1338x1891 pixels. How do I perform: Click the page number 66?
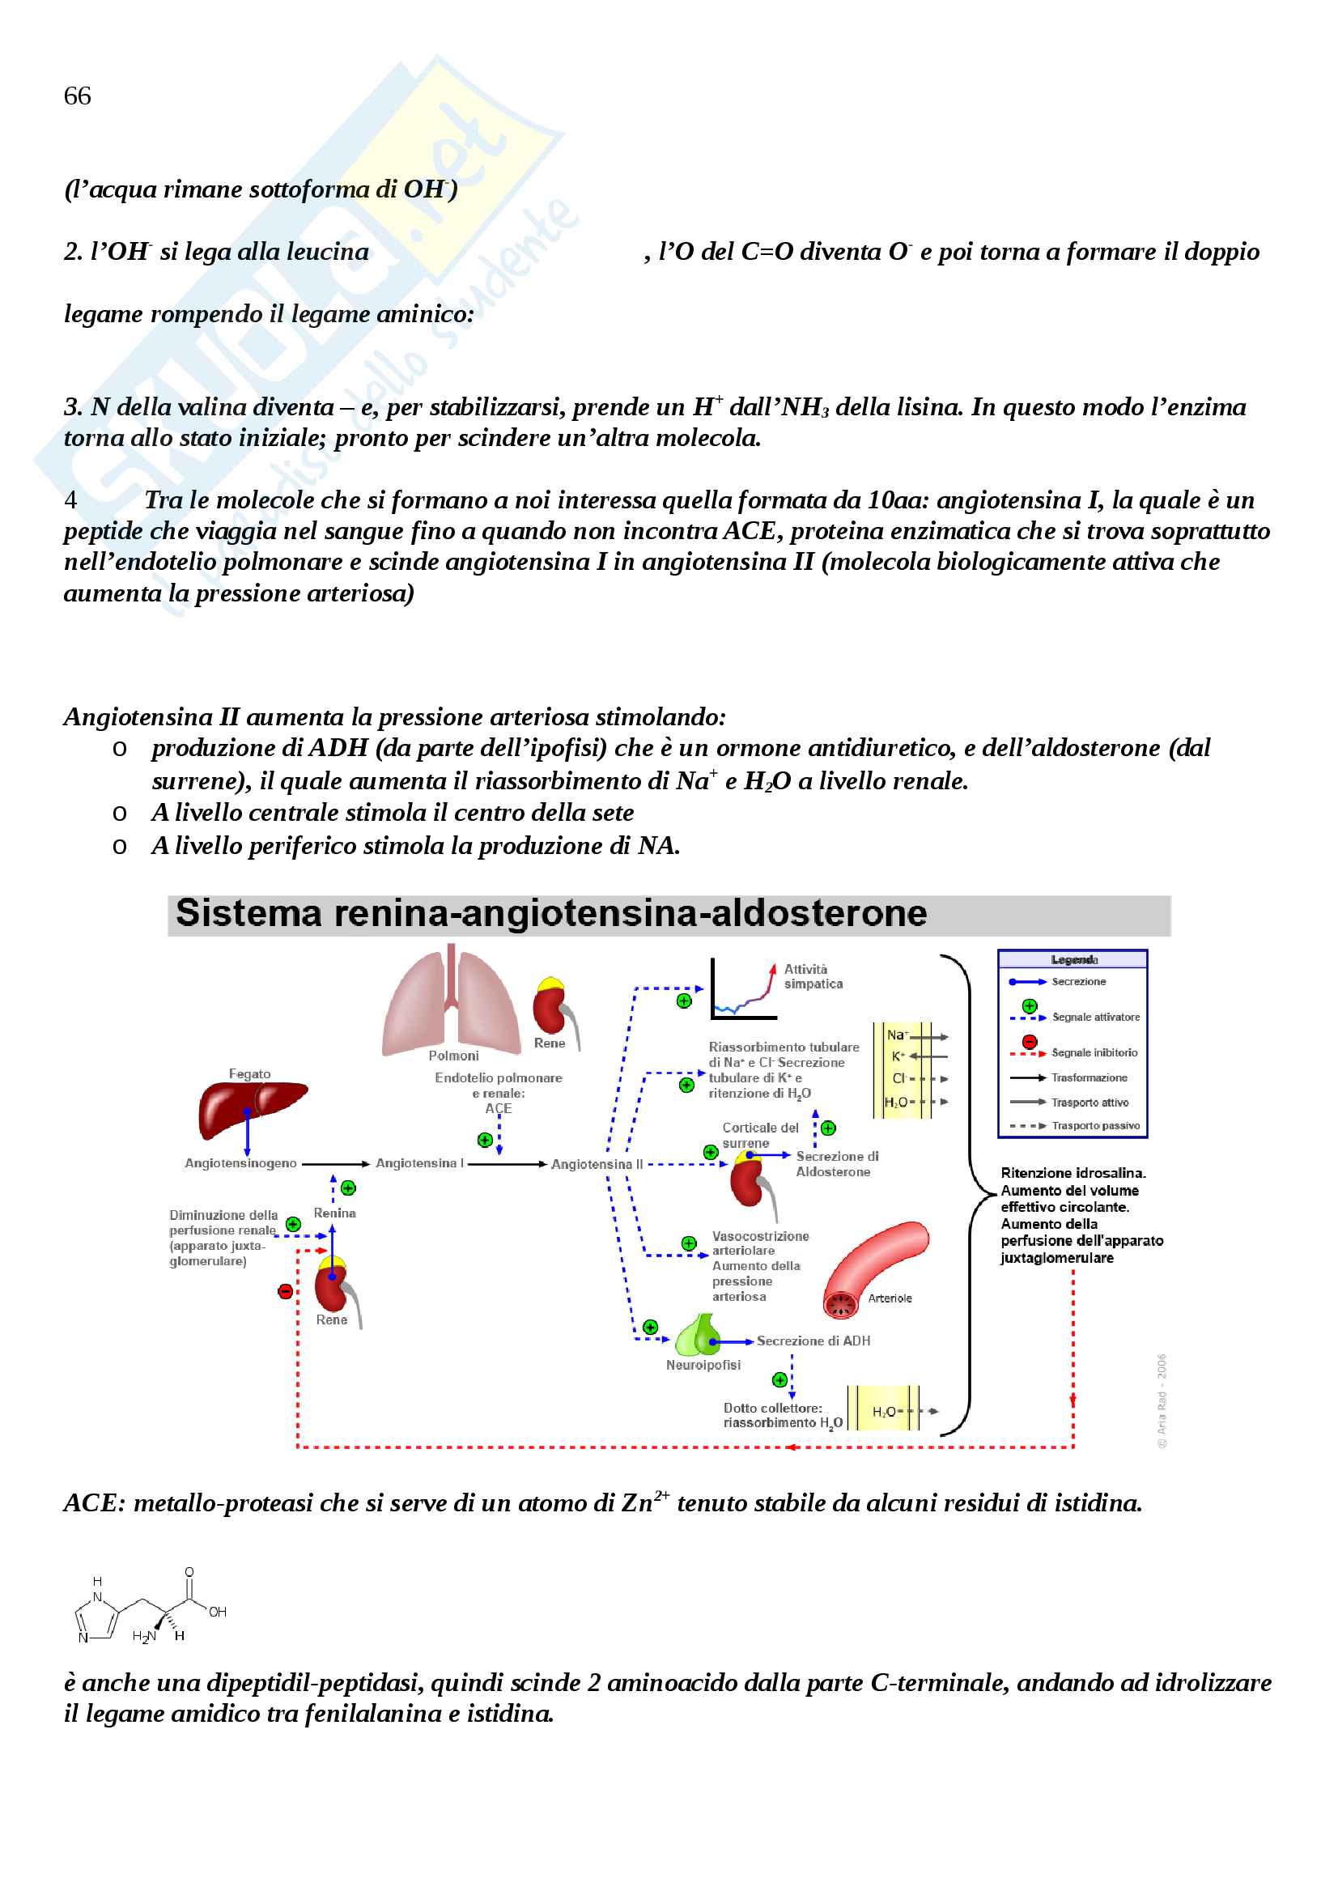[x=78, y=96]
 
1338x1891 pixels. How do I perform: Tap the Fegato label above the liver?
[x=249, y=1073]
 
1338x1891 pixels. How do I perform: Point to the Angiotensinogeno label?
[x=240, y=1162]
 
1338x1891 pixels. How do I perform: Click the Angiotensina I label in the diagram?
[x=419, y=1162]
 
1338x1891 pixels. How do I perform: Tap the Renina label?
[x=334, y=1213]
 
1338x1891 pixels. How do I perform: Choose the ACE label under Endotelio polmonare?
[x=499, y=1108]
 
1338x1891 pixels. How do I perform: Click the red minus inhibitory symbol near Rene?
[x=285, y=1291]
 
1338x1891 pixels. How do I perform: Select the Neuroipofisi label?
[x=703, y=1365]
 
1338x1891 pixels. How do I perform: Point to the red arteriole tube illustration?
[x=875, y=1265]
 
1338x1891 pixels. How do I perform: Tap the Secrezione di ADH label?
[x=813, y=1341]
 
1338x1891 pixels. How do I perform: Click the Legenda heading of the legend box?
[x=1073, y=960]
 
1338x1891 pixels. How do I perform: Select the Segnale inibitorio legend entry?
[x=1094, y=1052]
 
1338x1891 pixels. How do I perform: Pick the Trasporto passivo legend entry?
[x=1095, y=1125]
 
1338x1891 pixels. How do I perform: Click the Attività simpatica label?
[x=813, y=976]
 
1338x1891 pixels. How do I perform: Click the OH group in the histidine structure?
[x=218, y=1612]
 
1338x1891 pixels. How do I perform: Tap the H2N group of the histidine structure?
[x=144, y=1635]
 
